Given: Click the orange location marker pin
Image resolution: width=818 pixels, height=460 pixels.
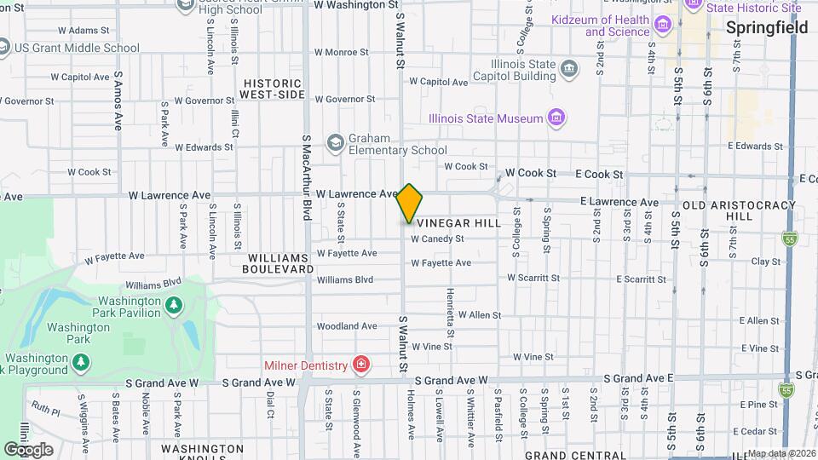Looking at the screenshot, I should (410, 204).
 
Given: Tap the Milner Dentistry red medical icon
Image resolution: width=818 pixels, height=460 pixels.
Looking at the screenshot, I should (361, 365).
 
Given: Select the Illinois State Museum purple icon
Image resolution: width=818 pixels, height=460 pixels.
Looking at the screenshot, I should (556, 118).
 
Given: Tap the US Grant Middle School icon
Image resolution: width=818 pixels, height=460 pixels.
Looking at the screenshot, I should (4, 48).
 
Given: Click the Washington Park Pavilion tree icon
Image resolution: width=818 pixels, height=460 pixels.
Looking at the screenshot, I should (174, 304).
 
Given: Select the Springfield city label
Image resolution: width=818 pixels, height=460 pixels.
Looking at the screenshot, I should (767, 28).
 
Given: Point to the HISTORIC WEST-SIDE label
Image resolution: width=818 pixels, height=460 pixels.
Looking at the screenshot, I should (272, 89).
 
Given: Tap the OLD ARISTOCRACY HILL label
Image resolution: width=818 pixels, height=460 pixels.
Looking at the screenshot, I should (717, 210).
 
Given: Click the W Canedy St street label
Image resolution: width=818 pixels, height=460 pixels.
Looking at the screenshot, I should (436, 239).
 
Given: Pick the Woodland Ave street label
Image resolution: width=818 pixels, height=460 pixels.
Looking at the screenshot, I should (346, 326).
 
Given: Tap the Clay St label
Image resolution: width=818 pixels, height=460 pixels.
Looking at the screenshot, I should (766, 262).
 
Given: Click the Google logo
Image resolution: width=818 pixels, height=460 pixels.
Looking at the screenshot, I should (28, 449).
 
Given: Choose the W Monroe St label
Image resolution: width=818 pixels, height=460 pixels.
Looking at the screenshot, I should (342, 52).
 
